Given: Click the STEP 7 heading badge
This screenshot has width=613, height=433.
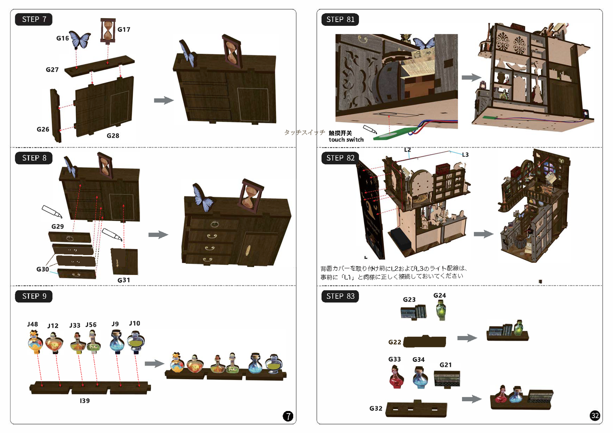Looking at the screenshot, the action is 34,19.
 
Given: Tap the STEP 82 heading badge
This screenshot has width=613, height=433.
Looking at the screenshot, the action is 340,158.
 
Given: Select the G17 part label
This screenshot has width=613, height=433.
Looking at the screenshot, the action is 124,30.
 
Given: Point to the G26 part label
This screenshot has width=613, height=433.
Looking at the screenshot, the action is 43,129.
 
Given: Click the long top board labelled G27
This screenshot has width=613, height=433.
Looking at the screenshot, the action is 100,66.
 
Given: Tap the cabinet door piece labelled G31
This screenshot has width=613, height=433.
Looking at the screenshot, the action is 125,261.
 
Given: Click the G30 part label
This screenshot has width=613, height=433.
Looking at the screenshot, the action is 43,269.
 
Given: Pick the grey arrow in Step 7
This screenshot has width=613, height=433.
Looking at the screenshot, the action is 164,100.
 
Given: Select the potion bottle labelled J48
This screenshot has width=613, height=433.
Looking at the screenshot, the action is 35,342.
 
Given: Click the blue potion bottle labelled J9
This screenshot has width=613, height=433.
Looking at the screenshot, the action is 117,341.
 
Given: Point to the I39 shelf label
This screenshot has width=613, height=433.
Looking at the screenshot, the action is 84,401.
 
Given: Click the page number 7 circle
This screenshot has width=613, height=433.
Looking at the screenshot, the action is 288,416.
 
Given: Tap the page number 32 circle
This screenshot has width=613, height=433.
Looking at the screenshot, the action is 595,416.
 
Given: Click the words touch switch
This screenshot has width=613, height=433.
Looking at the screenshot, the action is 346,140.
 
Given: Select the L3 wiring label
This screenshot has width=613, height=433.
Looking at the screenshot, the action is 465,155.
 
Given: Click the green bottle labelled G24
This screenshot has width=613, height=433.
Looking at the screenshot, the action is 441,310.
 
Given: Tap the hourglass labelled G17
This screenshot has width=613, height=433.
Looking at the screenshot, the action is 108,31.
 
